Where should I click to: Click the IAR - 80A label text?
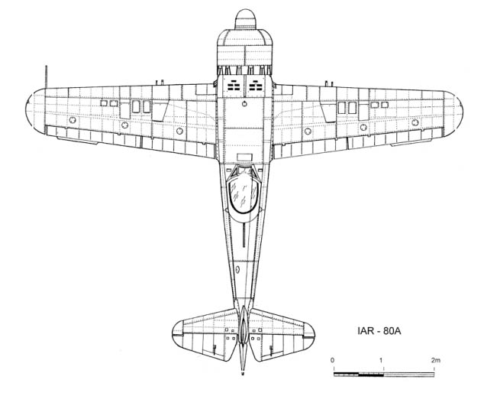click(379, 331)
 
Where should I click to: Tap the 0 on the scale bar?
click(332, 360)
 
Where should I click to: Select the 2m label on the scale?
click(436, 360)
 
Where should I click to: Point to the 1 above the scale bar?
click(382, 360)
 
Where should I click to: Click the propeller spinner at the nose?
click(245, 19)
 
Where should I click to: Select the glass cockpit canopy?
click(244, 195)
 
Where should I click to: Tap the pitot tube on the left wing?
click(47, 76)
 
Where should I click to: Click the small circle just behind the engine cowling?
click(244, 103)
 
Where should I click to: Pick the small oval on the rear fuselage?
click(237, 269)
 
